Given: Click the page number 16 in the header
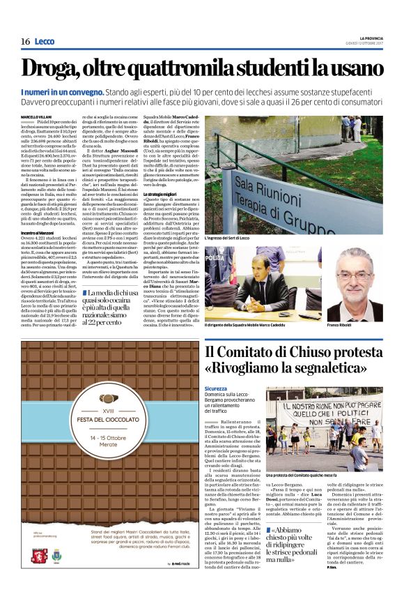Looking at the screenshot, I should pos(25,42).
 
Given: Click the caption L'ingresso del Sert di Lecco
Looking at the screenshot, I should pos(234,238).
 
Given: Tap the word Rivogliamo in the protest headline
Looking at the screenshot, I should pos(254,368).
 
